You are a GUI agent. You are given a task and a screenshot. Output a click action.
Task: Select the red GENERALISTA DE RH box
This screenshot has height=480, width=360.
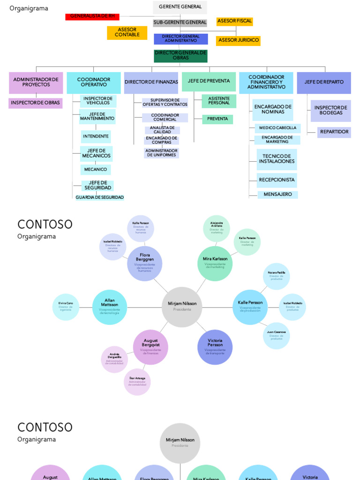point(92,16)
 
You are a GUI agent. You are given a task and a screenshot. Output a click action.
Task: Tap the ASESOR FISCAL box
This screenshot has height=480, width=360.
point(234,22)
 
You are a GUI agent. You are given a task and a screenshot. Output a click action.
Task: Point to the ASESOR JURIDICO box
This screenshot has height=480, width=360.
point(238,40)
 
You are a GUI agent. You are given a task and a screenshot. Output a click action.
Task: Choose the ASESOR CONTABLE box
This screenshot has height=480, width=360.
point(127,32)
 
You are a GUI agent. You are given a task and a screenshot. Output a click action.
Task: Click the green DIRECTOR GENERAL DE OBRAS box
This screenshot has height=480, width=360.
point(180,56)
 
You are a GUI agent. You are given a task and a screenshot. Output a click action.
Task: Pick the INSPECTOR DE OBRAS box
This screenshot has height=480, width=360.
point(36,103)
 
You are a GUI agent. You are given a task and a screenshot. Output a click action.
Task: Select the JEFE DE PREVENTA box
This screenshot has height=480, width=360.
point(209,82)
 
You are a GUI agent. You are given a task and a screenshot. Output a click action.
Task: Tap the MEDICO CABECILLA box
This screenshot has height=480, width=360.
point(277,128)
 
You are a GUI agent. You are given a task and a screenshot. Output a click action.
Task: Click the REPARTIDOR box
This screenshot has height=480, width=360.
point(334,132)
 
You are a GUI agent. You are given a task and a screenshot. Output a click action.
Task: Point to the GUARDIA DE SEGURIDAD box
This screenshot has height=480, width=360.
point(100,197)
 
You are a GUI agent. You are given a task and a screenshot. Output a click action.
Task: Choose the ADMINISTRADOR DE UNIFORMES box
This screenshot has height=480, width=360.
point(161,153)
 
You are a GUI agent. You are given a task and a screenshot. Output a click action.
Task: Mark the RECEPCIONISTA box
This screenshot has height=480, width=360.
point(277,180)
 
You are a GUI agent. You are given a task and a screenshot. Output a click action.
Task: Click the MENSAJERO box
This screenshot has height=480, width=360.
point(277,195)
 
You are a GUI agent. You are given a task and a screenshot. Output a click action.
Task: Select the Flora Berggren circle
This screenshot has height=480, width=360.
point(144,263)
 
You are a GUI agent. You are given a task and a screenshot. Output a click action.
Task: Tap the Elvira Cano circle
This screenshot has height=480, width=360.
point(66,307)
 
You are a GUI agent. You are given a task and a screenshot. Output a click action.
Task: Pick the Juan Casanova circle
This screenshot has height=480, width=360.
point(276,335)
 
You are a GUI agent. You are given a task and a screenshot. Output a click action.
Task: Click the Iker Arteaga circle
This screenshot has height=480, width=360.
point(137,382)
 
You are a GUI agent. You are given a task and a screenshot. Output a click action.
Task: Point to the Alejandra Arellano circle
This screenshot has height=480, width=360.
point(217,228)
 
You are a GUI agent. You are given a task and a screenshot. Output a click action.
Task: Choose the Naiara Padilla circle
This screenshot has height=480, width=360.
point(276,276)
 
